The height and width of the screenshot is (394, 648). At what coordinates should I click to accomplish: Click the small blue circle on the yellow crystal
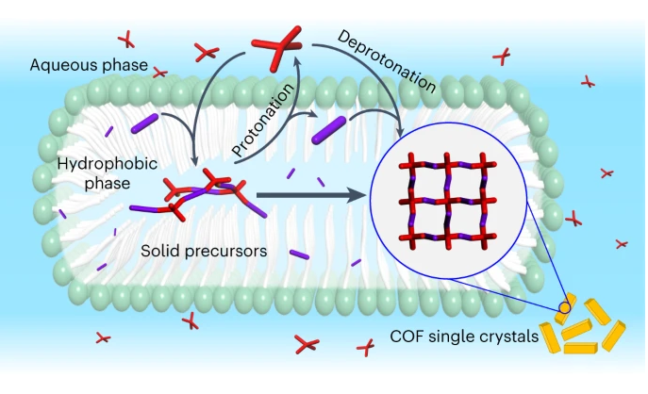[x=565, y=306]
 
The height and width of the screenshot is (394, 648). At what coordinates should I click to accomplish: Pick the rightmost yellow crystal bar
[x=614, y=333]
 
